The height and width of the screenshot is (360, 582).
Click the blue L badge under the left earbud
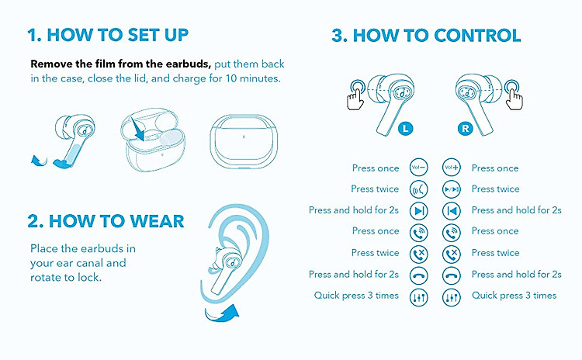[x=405, y=129]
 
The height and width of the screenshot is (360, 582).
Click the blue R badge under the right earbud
[x=465, y=129]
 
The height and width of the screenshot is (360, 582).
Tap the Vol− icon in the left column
[x=419, y=168]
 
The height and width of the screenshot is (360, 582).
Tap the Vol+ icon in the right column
[x=452, y=168]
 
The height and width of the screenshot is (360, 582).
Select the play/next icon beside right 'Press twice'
[x=452, y=189]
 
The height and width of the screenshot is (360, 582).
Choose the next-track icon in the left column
[x=419, y=211]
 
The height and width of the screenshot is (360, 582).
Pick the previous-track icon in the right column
[x=452, y=211]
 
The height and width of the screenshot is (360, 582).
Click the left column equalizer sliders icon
[x=419, y=297]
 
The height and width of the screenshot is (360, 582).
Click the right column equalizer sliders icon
[x=452, y=297]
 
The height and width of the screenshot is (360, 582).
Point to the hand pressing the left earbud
[x=355, y=95]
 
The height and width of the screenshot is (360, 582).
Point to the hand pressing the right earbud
[x=514, y=95]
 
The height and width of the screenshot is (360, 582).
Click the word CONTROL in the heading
[x=477, y=36]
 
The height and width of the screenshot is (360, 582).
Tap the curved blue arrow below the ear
[x=223, y=314]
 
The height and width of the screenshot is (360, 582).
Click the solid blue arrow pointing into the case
[x=138, y=128]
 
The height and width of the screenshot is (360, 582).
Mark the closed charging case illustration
[x=244, y=142]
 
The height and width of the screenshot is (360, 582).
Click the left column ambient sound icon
[x=419, y=189]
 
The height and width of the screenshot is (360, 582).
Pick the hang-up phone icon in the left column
[x=419, y=275]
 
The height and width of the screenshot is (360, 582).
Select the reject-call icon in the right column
[x=452, y=254]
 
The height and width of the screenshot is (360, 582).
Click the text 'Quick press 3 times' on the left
[x=356, y=296]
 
